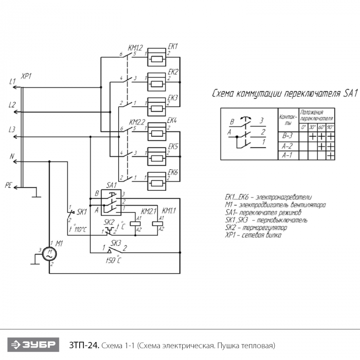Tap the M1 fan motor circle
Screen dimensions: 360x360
click(x=50, y=253)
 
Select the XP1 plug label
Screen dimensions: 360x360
click(x=26, y=76)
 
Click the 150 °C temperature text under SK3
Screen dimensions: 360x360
click(x=113, y=261)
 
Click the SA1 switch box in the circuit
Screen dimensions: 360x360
click(x=111, y=202)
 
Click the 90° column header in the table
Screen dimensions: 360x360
click(x=330, y=127)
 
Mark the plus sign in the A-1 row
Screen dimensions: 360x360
click(x=330, y=154)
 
